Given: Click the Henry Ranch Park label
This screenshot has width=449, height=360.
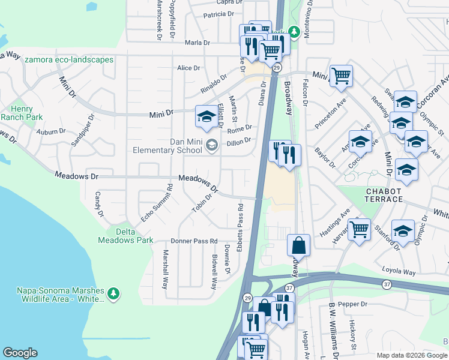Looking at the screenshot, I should pyautogui.click(x=25, y=112).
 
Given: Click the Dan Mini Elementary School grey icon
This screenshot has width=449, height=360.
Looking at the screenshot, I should pyautogui.click(x=211, y=145).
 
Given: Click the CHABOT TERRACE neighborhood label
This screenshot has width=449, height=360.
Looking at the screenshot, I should pyautogui.click(x=385, y=195).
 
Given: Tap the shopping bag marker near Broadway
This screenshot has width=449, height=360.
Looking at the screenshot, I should pyautogui.click(x=298, y=245).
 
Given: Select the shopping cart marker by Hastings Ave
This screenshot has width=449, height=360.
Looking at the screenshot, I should pyautogui.click(x=359, y=229).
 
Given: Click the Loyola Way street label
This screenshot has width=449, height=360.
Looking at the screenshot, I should pyautogui.click(x=399, y=272).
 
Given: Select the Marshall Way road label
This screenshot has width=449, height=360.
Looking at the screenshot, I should pyautogui.click(x=165, y=269).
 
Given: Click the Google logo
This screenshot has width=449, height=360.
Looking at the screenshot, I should pyautogui.click(x=20, y=353).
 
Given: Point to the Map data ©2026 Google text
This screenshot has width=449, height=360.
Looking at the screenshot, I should pyautogui.click(x=411, y=355).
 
